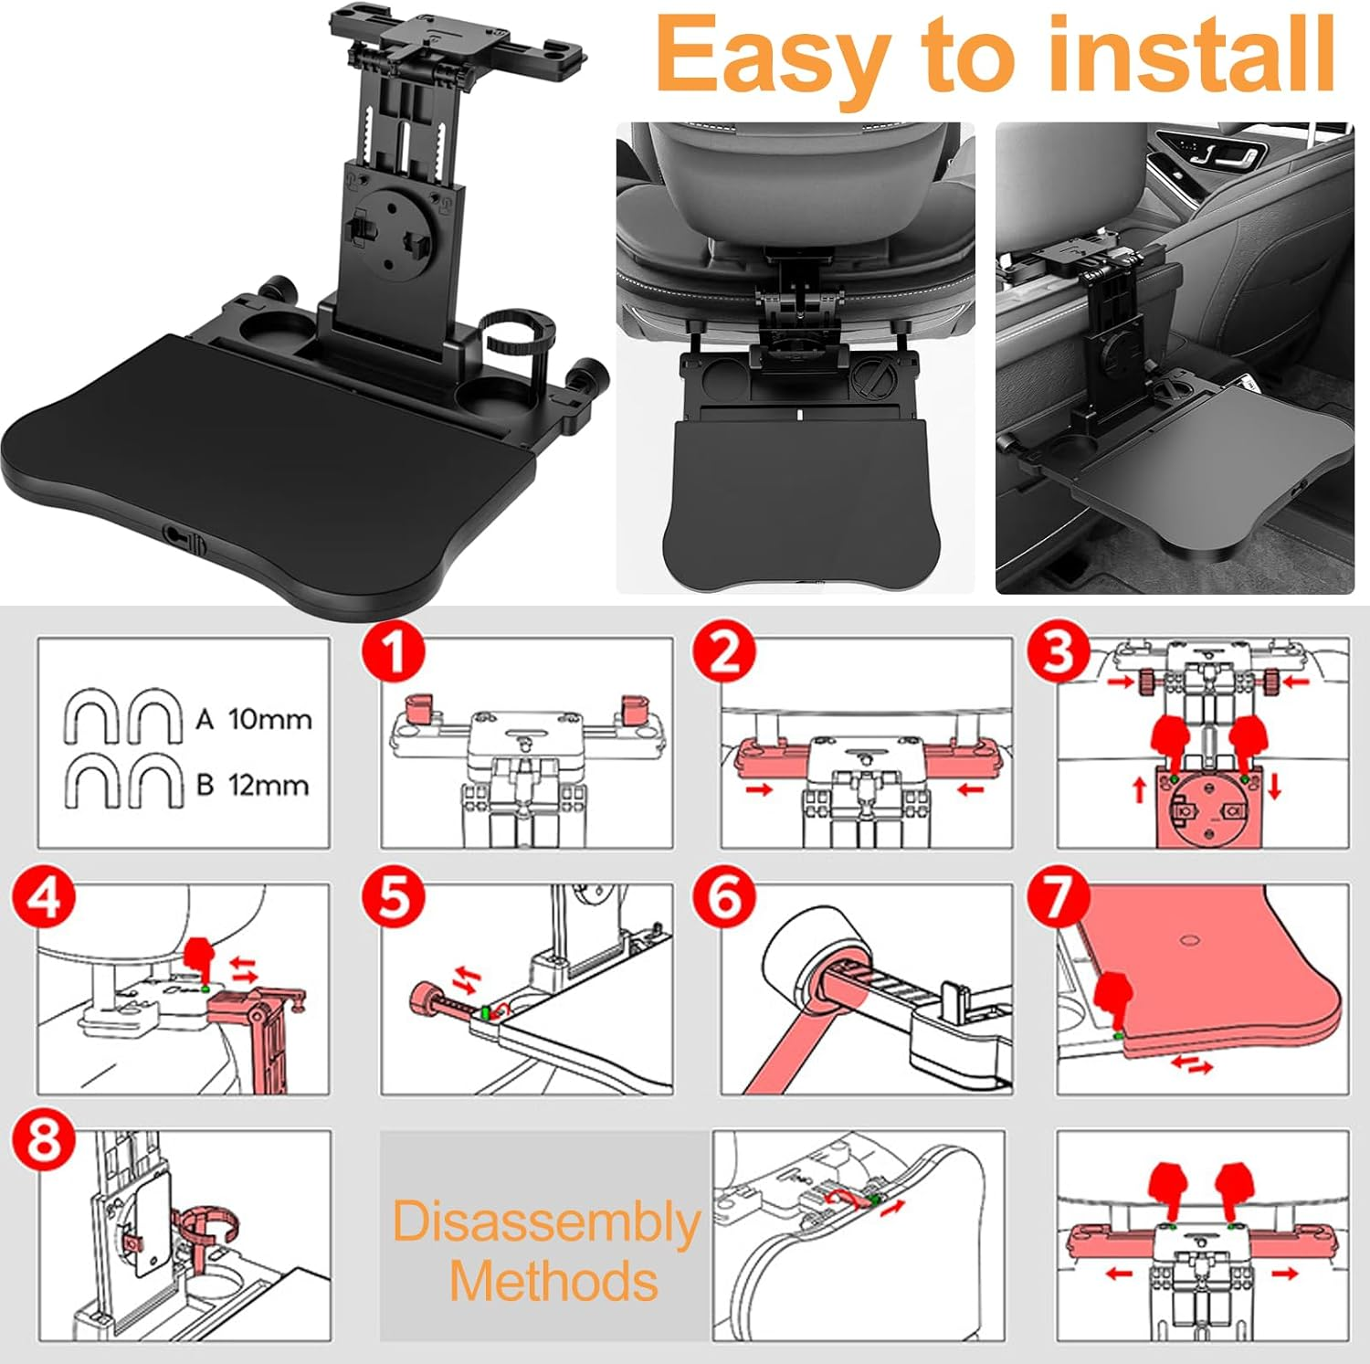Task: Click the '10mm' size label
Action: (269, 719)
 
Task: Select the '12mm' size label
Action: (269, 785)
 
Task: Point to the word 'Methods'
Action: (553, 1281)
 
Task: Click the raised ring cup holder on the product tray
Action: (515, 339)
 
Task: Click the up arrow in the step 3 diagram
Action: (1139, 788)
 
